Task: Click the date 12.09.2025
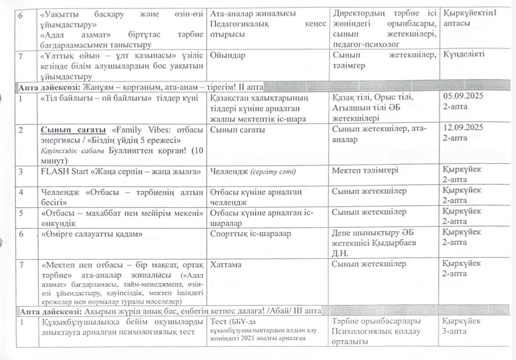(463, 127)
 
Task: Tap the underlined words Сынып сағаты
(74, 130)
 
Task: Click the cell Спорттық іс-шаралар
(251, 234)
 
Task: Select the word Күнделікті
(464, 54)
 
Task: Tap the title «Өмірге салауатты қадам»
(92, 234)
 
